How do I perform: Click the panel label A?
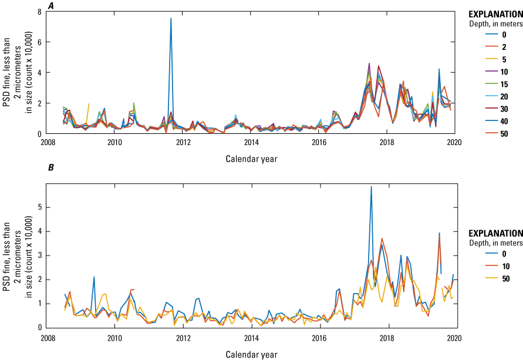pos(51,5)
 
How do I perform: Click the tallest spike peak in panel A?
pos(171,18)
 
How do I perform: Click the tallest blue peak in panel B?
pos(371,187)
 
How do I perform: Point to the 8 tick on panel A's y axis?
pos(39,12)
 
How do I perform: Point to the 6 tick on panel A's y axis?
pos(39,42)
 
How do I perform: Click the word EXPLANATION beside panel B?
pos(495,233)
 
